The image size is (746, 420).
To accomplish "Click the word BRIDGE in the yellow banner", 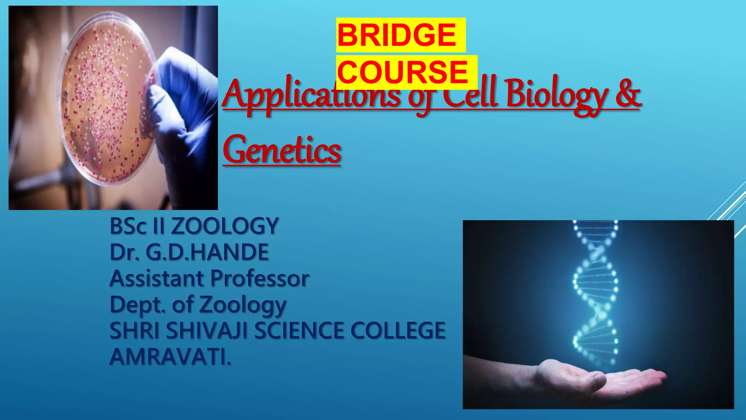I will (x=397, y=35).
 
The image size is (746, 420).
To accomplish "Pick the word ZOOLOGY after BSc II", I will (x=225, y=226).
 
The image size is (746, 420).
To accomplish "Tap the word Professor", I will (x=260, y=279).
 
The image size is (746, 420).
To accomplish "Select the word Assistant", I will (x=157, y=279).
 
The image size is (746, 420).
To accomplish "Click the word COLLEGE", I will (x=398, y=331).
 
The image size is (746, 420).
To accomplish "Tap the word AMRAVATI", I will (x=170, y=357).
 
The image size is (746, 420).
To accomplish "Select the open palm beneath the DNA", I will (x=597, y=379).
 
